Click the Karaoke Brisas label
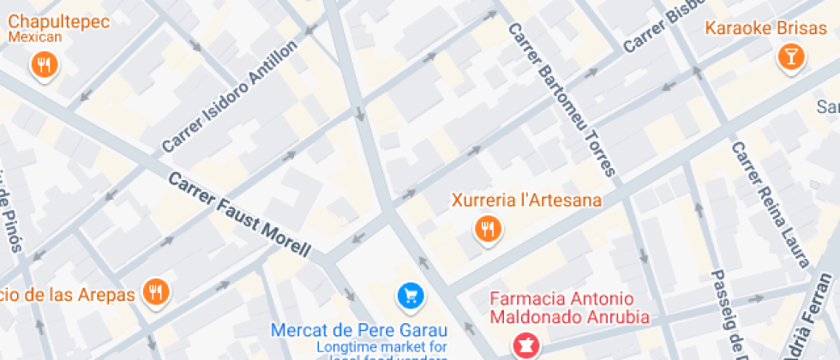[754, 28]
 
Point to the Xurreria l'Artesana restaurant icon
[489, 228]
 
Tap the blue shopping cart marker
[411, 297]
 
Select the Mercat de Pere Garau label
[359, 329]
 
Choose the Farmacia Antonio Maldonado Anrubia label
[568, 308]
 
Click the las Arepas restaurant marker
[156, 292]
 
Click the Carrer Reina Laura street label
[769, 204]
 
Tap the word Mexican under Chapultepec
[35, 37]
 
